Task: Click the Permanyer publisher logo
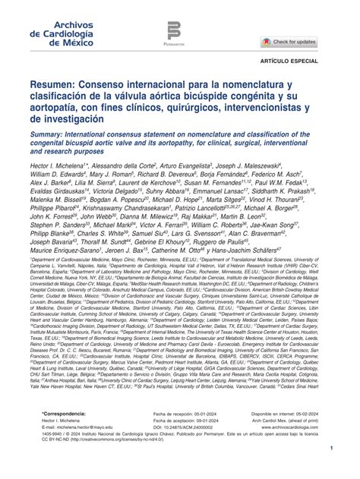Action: click(174, 34)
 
